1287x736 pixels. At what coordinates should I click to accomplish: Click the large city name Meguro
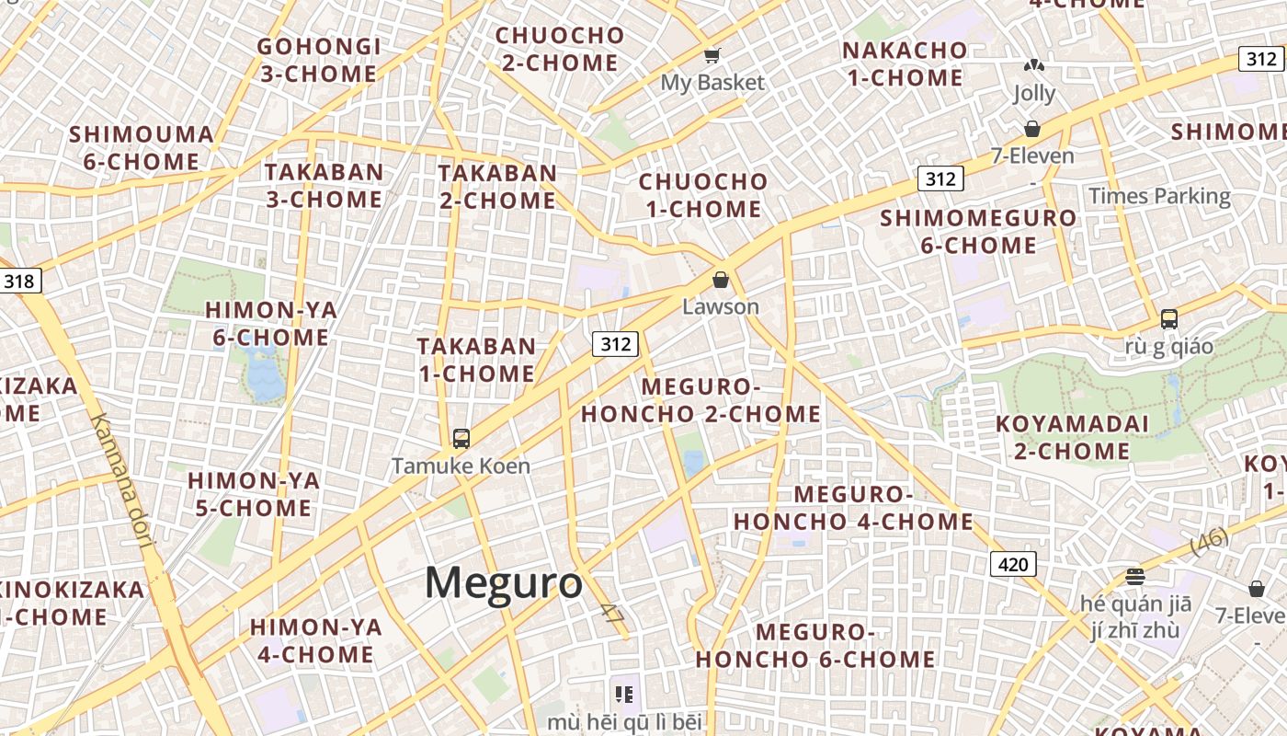(x=504, y=583)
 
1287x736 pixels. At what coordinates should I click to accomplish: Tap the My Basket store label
(x=712, y=83)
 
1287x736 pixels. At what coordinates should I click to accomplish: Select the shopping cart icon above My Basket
(x=712, y=56)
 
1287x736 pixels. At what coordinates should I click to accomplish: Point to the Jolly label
(x=1034, y=93)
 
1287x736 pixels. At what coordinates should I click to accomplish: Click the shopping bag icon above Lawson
(x=722, y=279)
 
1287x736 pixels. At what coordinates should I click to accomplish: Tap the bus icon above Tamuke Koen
(x=461, y=439)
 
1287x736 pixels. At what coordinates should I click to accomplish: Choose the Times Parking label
(x=1159, y=196)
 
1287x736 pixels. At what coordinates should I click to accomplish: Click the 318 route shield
(x=19, y=281)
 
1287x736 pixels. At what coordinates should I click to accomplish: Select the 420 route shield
(x=1013, y=564)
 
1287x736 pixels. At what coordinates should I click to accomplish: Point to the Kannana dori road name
(x=121, y=479)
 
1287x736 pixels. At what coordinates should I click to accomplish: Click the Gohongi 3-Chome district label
(x=318, y=60)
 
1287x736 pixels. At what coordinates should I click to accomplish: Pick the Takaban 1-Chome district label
(x=476, y=360)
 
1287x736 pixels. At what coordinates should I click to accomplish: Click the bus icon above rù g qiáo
(x=1169, y=319)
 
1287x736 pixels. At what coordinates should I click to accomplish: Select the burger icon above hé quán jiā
(x=1135, y=577)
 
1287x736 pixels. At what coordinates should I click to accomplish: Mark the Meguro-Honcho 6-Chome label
(x=815, y=646)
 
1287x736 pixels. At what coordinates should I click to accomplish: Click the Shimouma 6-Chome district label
(x=142, y=148)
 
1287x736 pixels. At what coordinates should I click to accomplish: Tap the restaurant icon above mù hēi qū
(x=625, y=695)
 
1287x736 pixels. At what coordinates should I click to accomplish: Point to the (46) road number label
(x=1209, y=541)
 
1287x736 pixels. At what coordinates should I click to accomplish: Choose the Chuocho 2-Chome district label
(x=560, y=49)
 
